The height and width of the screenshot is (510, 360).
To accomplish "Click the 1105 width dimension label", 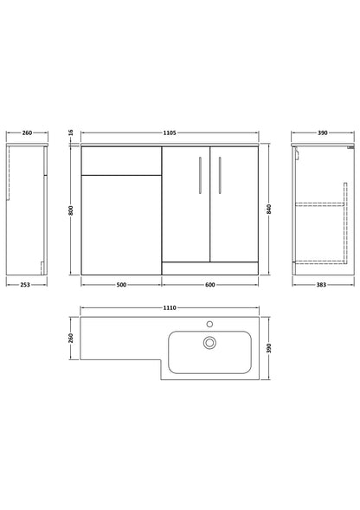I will (169, 132).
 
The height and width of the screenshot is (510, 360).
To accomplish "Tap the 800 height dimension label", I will (69, 210).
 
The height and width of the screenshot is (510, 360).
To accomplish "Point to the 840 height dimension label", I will (270, 210).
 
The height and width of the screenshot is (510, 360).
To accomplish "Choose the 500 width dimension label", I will (121, 284).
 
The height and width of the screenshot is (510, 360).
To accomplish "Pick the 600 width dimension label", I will (210, 284).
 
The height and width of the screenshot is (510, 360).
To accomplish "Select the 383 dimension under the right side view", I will (320, 284).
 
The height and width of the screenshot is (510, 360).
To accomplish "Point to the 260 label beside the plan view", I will (70, 339).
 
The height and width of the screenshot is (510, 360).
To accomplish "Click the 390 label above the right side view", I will (321, 132).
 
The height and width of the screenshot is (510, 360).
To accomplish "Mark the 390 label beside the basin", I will (270, 347).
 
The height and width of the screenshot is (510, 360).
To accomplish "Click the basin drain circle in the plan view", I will (209, 343).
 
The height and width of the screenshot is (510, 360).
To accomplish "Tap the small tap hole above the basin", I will (209, 322).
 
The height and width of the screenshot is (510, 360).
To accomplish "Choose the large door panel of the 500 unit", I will (121, 223).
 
